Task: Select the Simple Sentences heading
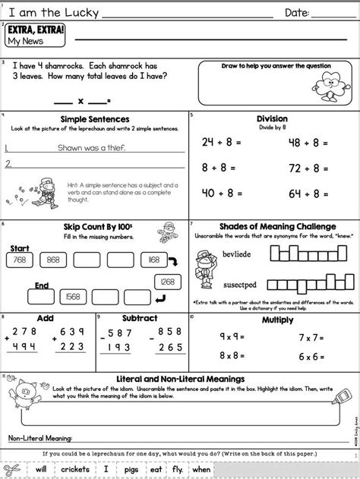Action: pos(93,119)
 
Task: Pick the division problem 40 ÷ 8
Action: pos(221,193)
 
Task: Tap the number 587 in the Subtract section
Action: pos(122,332)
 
